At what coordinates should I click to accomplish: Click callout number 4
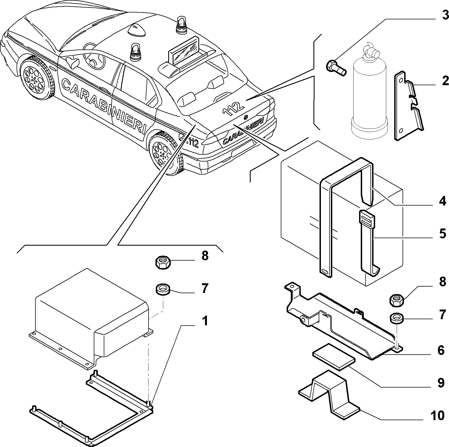(x=443, y=201)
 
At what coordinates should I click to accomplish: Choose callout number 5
(x=443, y=233)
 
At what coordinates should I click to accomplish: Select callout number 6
(x=441, y=350)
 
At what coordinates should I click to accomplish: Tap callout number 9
(x=441, y=383)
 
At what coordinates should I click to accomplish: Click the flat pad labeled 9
(x=334, y=357)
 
